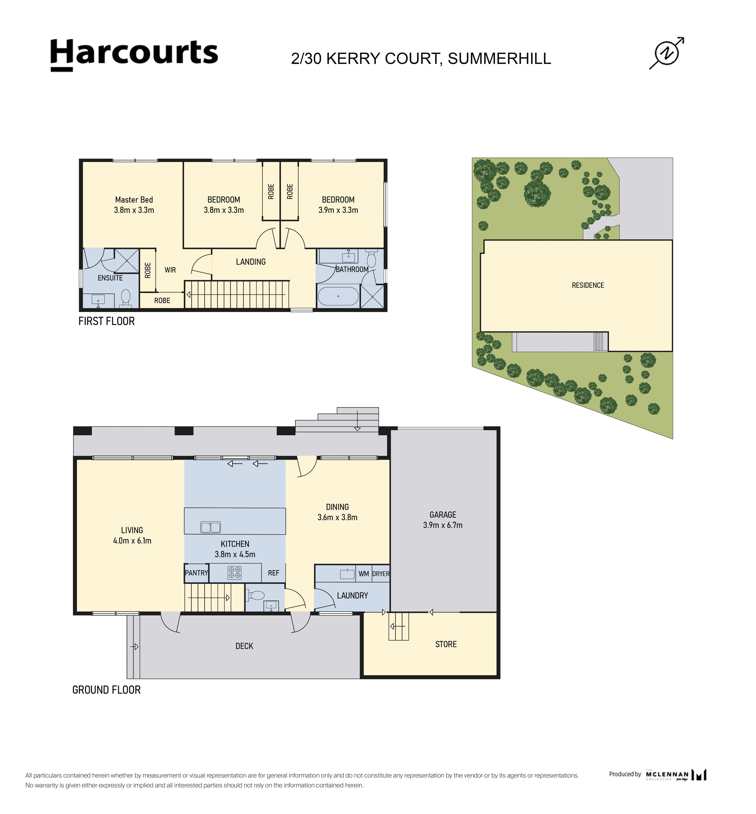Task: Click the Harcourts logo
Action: (134, 55)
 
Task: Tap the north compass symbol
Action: (667, 53)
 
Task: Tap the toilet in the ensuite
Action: (126, 298)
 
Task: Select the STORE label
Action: (446, 644)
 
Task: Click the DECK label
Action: (244, 646)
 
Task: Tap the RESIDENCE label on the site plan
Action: (588, 285)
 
